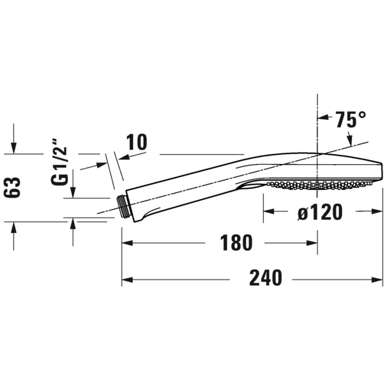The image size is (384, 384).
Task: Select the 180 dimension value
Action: pyautogui.click(x=236, y=243)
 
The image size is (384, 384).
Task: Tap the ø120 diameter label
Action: pyautogui.click(x=320, y=212)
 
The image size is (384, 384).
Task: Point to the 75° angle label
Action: pyautogui.click(x=351, y=119)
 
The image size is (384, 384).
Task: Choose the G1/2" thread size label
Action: pyautogui.click(x=59, y=162)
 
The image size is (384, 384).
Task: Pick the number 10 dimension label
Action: pyautogui.click(x=137, y=142)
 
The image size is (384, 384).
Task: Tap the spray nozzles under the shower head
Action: pyautogui.click(x=319, y=185)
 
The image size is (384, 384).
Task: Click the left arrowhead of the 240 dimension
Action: pyautogui.click(x=127, y=279)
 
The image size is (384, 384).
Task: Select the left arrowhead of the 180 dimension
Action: pyautogui.click(x=127, y=243)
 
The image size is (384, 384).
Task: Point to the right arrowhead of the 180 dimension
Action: pyautogui.click(x=312, y=243)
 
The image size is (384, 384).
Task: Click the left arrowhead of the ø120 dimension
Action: pyautogui.click(x=269, y=211)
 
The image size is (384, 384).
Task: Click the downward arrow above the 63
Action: pyautogui.click(x=14, y=148)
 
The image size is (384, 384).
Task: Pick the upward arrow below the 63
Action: pyautogui.click(x=14, y=227)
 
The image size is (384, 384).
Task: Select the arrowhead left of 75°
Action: pyautogui.click(x=323, y=117)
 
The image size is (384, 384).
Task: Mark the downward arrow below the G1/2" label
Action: pyautogui.click(x=73, y=192)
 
